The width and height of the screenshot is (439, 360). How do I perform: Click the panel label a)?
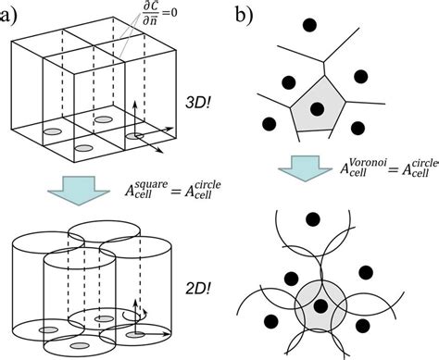coord(13,14)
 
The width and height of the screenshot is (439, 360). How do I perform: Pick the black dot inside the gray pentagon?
coord(316,109)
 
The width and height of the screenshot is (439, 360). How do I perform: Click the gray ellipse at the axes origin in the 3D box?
coord(135,135)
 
